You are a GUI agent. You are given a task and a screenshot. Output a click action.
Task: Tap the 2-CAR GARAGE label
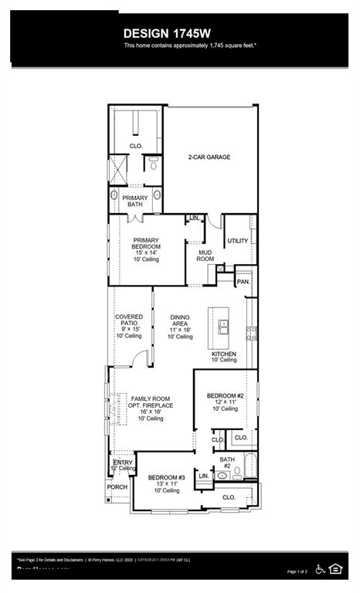[209, 157]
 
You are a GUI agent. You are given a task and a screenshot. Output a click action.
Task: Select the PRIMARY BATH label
[135, 201]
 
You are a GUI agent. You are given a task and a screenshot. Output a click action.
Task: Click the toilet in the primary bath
[154, 164]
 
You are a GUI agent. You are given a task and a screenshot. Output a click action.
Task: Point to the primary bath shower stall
[118, 168]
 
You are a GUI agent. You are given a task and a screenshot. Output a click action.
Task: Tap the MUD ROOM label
[205, 255]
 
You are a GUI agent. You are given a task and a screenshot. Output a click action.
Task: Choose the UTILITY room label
[238, 241]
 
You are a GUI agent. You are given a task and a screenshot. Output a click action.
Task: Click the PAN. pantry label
[243, 282]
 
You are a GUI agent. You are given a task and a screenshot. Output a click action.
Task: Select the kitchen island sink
[224, 327]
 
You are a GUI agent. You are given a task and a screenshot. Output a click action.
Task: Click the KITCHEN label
[224, 354]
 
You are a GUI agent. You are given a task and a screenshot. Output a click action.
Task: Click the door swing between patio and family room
[139, 358]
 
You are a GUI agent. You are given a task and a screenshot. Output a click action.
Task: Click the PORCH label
[117, 487]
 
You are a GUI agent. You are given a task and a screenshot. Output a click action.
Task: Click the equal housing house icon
[336, 569]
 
